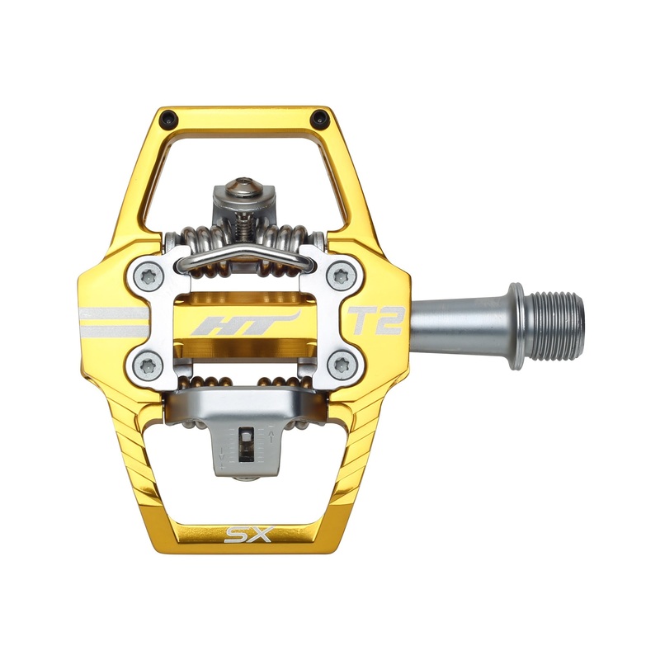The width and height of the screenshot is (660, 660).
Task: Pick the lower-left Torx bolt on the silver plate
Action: point(148,364)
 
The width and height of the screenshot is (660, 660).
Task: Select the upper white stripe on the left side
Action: point(112,313)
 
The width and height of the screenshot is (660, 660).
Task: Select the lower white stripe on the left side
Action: point(112,331)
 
